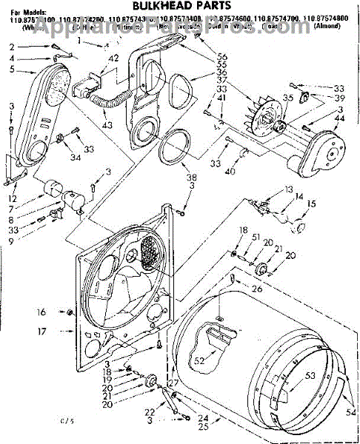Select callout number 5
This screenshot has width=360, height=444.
click(x=13, y=70)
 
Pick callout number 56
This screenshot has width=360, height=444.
click(x=222, y=57)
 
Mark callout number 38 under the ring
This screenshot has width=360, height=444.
click(x=171, y=178)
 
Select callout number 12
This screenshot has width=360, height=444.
click(x=13, y=198)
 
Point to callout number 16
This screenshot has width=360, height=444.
click(x=41, y=312)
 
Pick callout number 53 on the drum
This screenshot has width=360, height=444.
click(x=310, y=375)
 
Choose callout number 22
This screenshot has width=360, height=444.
click(x=149, y=413)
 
